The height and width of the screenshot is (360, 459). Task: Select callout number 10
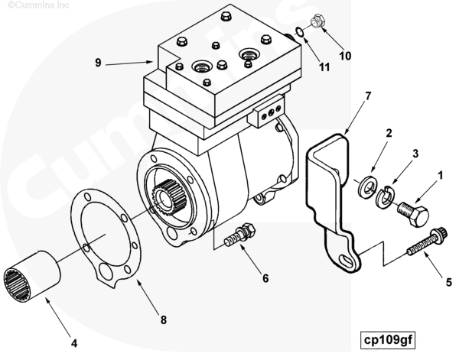coord(345,55)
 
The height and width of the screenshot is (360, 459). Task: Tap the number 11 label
coord(324,66)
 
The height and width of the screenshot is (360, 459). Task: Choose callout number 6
coord(265,278)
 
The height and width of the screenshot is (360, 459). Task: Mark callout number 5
coord(448,281)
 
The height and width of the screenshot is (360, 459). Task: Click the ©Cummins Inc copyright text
coord(29,5)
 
